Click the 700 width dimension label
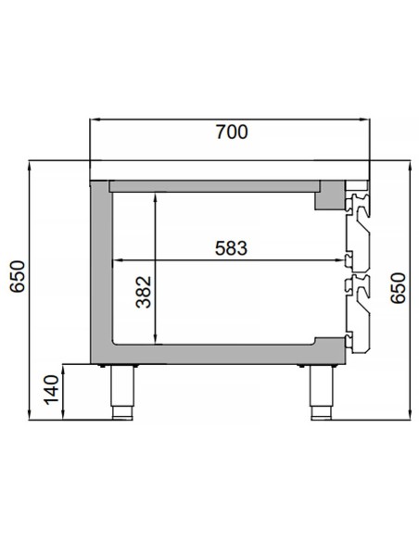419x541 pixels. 232,132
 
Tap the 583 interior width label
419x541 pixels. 231,248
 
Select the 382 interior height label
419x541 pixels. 144,292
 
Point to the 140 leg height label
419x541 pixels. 51,389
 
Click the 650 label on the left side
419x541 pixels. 18,276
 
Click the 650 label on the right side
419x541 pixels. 398,288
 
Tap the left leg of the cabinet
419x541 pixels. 121,392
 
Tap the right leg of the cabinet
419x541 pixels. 322,392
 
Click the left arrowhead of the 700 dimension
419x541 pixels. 95,120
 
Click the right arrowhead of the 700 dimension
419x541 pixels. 364,120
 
